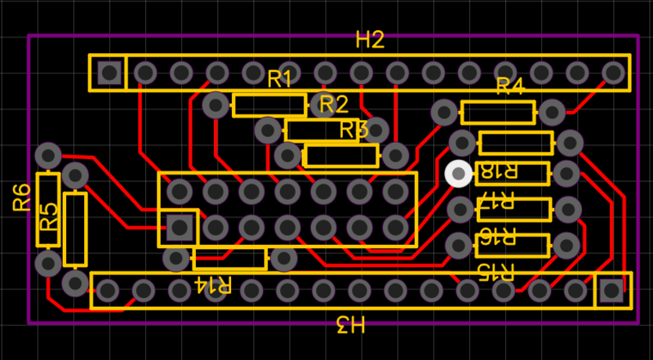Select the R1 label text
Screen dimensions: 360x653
[x=280, y=79]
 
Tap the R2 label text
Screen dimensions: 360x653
[x=334, y=104]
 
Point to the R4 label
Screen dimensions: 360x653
[x=509, y=86]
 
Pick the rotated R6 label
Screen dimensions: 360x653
[x=21, y=197]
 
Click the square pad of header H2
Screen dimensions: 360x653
[x=109, y=73]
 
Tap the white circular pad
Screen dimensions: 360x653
[x=459, y=174]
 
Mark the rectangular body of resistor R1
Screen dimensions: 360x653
[x=269, y=105]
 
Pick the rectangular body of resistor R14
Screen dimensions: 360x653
[x=229, y=260]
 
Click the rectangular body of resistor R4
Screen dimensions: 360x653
[x=498, y=113]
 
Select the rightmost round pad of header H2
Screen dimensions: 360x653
[x=614, y=73]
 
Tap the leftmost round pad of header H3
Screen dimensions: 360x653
[x=108, y=290]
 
